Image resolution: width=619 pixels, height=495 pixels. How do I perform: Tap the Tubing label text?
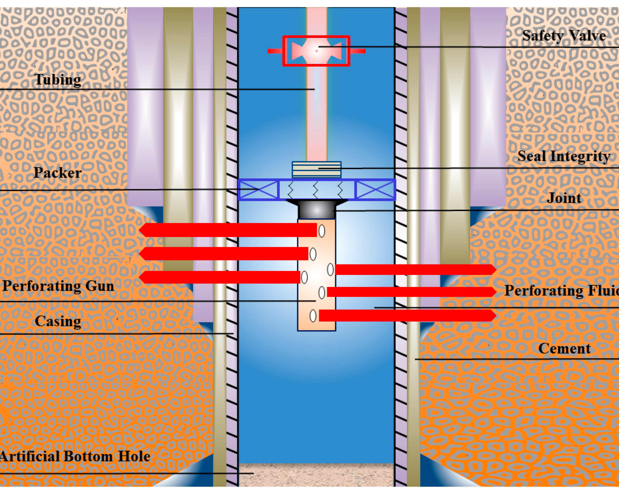click(x=58, y=79)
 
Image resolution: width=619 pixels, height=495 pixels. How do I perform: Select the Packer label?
click(x=58, y=173)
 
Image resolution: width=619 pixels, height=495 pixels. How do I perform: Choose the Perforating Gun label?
click(x=58, y=286)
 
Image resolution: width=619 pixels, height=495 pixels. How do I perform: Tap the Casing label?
click(x=58, y=321)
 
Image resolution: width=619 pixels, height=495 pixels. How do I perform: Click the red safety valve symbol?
click(x=316, y=51)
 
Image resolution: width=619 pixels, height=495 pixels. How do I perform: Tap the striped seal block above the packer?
click(x=316, y=170)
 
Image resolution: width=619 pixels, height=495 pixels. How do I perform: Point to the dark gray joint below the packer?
click(x=316, y=210)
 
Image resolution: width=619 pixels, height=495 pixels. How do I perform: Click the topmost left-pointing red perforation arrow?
click(x=228, y=230)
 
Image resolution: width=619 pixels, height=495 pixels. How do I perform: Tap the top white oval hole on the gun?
click(x=322, y=231)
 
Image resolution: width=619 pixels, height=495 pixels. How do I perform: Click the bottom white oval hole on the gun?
click(x=313, y=316)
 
